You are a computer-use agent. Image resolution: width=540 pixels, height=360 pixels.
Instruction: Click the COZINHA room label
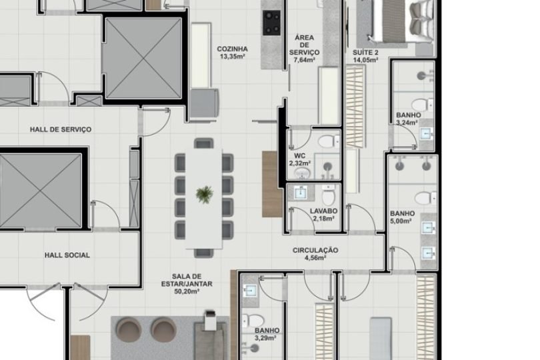[232, 49]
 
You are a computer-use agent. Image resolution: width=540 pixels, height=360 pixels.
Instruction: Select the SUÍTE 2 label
[365, 52]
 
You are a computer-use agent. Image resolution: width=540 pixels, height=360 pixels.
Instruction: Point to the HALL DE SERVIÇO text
[61, 129]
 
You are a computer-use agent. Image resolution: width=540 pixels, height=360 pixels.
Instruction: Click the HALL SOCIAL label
[67, 255]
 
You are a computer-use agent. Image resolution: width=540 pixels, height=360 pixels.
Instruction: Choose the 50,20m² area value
[187, 291]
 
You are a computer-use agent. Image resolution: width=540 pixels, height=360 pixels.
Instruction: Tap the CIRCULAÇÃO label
[315, 250]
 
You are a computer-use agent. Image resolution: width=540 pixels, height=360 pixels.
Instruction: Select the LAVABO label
[324, 211]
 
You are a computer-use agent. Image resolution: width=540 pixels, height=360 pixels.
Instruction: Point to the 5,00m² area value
[401, 221]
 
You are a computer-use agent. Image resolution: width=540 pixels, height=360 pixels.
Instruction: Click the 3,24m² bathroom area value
[407, 123]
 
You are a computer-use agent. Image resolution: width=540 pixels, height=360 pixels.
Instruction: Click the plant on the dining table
[205, 195]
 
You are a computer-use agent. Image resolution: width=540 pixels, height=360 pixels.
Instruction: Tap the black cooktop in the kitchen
[272, 22]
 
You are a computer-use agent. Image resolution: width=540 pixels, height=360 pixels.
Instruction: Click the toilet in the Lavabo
[328, 196]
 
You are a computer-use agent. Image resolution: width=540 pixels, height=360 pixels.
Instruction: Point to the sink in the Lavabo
[300, 193]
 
